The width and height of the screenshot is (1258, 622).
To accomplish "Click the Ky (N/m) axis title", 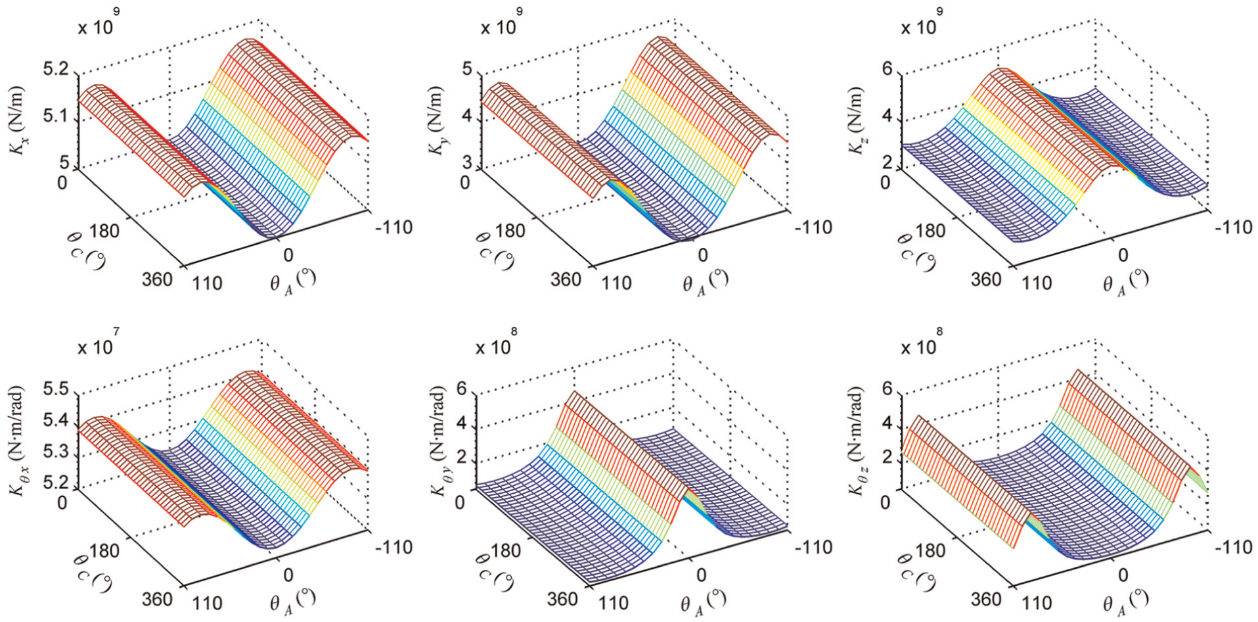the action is tap(436, 120).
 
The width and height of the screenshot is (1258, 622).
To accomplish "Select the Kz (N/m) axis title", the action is tap(857, 120).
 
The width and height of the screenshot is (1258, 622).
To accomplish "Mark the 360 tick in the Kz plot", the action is tap(985, 279).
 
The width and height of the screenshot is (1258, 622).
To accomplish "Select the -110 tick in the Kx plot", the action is tap(392, 228).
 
